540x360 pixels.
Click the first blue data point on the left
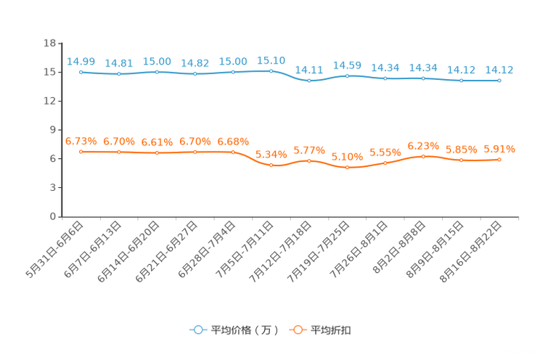click(81, 72)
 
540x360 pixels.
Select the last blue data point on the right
click(499, 80)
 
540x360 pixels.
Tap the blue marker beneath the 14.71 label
click(309, 80)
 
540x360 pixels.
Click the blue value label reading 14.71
click(309, 70)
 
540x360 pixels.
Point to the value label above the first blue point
click(81, 62)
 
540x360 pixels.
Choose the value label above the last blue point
click(499, 70)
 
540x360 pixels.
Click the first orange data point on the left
click(81, 152)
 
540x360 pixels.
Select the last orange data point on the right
click(499, 160)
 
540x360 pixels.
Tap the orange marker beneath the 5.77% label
click(309, 161)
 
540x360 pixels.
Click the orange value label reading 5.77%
click(309, 151)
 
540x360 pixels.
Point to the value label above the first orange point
click(81, 141)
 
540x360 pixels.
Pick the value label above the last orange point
click(499, 150)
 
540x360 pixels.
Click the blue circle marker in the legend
click(197, 330)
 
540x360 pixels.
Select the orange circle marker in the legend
click(297, 330)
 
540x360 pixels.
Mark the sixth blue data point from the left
click(271, 70)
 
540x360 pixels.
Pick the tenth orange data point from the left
click(423, 156)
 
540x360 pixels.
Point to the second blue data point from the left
click(118, 73)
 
